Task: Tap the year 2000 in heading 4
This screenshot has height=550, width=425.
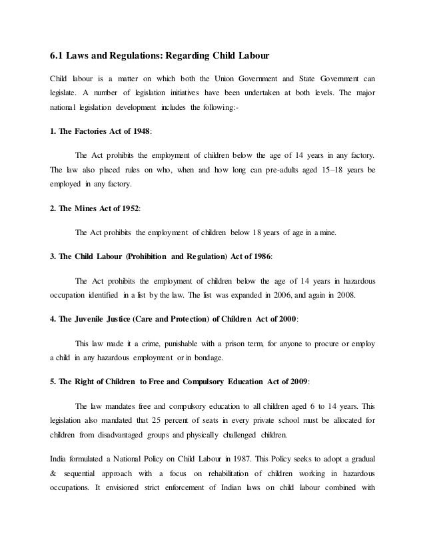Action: [282, 318]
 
